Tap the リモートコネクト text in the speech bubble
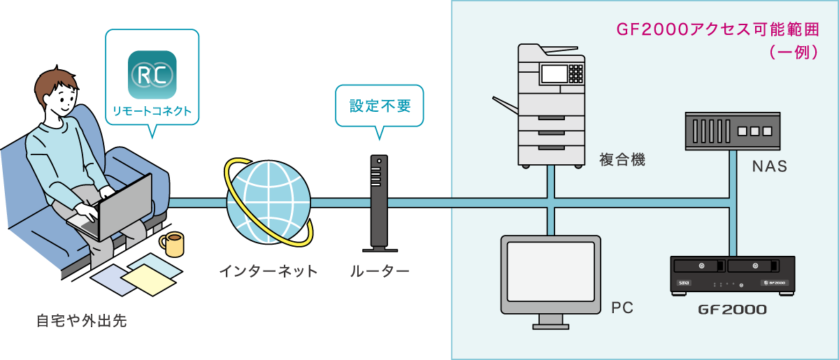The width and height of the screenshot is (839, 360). [152, 111]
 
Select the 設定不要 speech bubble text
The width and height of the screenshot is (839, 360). [380, 106]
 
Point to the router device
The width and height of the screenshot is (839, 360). [378, 203]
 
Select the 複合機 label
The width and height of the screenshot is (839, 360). [622, 160]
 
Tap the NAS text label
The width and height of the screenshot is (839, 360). [769, 167]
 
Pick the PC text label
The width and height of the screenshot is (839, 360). [622, 308]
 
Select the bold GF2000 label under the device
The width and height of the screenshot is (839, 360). [732, 309]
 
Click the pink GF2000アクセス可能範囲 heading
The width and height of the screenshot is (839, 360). [717, 30]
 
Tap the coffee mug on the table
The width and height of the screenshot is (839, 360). [172, 245]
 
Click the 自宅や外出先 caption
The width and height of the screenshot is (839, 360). [82, 322]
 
